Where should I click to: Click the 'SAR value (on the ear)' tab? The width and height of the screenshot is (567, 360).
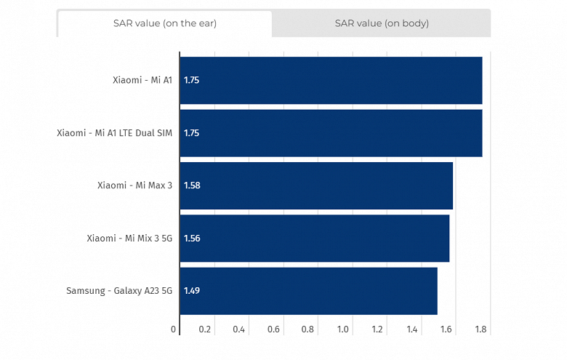[x=164, y=23]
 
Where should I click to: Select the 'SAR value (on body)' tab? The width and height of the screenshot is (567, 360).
[x=382, y=23]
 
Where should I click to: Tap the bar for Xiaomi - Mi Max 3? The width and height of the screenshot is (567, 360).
[x=316, y=185]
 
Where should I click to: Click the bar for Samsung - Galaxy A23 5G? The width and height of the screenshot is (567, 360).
[x=308, y=291]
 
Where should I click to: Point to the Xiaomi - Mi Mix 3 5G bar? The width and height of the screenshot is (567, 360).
[x=314, y=238]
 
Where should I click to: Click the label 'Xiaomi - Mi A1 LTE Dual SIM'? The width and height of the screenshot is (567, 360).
[x=115, y=133]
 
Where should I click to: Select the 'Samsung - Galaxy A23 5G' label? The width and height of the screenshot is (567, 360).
[x=119, y=291]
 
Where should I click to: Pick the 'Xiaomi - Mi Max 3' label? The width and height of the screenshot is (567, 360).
[x=134, y=185]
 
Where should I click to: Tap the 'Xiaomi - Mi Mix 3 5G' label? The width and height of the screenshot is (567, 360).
[x=129, y=238]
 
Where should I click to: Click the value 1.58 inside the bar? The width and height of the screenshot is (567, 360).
[x=192, y=185]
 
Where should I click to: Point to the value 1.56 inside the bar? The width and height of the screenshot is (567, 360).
[x=192, y=238]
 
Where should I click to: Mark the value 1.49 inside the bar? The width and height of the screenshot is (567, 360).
[x=192, y=291]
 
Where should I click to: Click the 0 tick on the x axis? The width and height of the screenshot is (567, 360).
[x=174, y=329]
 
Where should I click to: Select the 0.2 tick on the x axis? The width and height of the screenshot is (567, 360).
[x=205, y=329]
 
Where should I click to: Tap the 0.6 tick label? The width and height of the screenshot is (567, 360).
[x=274, y=329]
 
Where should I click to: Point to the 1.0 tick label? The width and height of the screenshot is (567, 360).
[x=343, y=329]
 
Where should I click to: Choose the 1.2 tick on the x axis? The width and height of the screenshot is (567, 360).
[x=377, y=329]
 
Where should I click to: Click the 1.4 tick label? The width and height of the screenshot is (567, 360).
[x=412, y=329]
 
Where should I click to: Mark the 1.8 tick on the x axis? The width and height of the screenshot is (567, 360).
[x=480, y=329]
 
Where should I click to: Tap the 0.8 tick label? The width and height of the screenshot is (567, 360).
[x=308, y=329]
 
